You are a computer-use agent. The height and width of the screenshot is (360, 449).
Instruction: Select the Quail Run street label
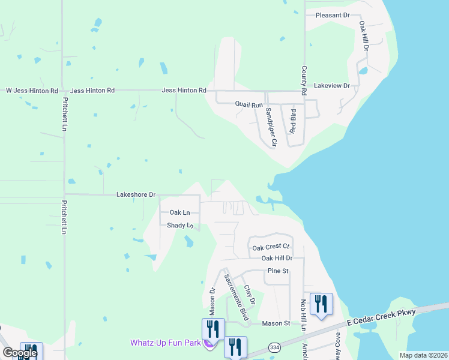[x=249, y=105]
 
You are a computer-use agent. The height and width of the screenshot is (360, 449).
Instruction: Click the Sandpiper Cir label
[x=270, y=127]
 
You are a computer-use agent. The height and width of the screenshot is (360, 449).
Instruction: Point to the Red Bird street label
[x=293, y=121]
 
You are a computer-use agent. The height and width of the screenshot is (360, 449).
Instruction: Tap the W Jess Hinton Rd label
[x=32, y=91]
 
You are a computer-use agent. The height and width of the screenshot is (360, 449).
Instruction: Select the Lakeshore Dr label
[x=136, y=195]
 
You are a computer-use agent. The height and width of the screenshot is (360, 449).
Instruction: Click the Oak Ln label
[x=179, y=212]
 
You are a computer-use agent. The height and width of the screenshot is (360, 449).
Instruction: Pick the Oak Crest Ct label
[x=271, y=247]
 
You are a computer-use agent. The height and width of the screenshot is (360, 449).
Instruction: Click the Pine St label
[x=278, y=271]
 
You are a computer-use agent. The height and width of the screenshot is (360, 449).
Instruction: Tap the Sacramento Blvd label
[x=236, y=297]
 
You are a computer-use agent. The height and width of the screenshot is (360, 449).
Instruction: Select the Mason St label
[x=277, y=323]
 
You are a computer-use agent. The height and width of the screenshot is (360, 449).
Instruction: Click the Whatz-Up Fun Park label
[x=166, y=343]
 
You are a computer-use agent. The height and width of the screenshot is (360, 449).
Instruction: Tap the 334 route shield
[x=275, y=347]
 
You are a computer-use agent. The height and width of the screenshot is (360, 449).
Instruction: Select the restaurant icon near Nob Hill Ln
[x=322, y=303]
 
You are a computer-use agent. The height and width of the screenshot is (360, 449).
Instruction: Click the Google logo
[x=20, y=353]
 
